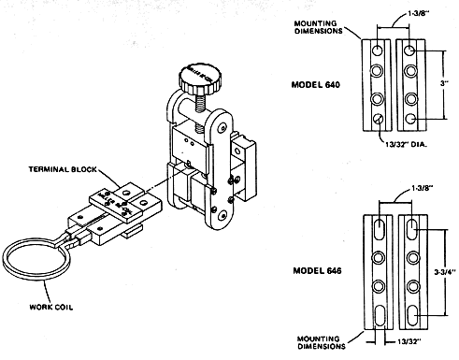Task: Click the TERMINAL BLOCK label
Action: (x=63, y=169)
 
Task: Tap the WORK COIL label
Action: (x=51, y=307)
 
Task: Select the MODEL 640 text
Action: (x=316, y=84)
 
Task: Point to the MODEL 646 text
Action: (x=317, y=270)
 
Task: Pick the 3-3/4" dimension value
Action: (x=445, y=272)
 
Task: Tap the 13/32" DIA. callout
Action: (x=406, y=144)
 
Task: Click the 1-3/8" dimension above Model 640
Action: (x=419, y=14)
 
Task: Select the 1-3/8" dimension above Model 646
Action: (x=423, y=188)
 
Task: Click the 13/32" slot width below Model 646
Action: (x=409, y=341)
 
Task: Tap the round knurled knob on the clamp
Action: (x=200, y=79)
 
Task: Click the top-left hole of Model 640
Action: (x=378, y=50)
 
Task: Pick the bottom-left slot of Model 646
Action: (x=379, y=315)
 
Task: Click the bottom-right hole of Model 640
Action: (x=411, y=119)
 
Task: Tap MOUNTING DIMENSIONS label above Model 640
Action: (x=318, y=27)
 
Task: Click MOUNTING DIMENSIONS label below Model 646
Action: (x=322, y=342)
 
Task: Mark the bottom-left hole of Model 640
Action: (x=379, y=119)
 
